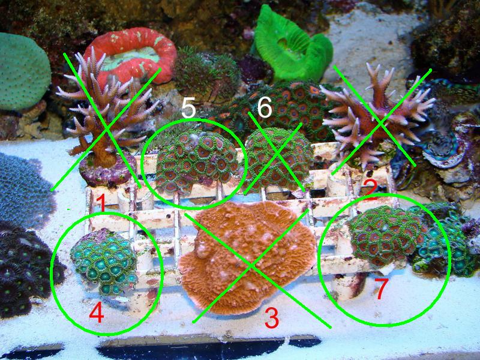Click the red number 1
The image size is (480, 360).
coord(101,203)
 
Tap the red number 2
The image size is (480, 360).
coord(370,189)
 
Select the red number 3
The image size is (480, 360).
coord(272,318)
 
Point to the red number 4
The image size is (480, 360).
coord(97,312)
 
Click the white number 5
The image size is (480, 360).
coord(188,109)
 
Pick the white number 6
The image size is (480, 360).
coord(265,108)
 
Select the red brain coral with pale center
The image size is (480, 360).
coord(131,55)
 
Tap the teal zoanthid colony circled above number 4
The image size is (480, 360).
coord(104,261)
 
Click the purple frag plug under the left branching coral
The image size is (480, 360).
coord(107,170)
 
